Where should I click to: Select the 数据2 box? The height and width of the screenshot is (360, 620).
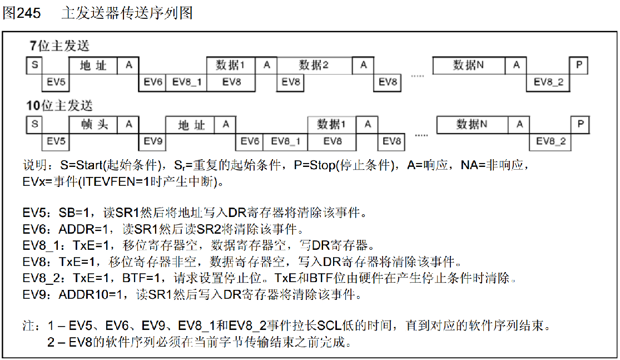click(314, 65)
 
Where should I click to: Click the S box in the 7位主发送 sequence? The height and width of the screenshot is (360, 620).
click(34, 65)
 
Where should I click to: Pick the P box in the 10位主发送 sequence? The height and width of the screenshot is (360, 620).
click(580, 125)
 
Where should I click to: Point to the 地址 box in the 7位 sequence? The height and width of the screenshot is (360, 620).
click(93, 65)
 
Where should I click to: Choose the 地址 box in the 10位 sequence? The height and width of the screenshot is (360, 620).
click(191, 125)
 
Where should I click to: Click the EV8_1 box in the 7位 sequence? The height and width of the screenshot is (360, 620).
click(186, 82)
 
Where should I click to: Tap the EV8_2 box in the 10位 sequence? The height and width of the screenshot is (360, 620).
click(550, 141)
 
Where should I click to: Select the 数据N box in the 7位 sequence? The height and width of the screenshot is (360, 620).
click(468, 65)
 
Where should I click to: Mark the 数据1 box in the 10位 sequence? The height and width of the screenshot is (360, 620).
click(332, 125)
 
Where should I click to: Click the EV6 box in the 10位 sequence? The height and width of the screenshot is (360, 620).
click(250, 141)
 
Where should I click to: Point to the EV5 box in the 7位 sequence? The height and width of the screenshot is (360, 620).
click(56, 82)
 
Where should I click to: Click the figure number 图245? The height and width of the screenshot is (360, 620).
click(22, 13)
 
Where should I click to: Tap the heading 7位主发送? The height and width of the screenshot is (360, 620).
click(60, 46)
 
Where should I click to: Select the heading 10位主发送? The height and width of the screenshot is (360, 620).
click(59, 105)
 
